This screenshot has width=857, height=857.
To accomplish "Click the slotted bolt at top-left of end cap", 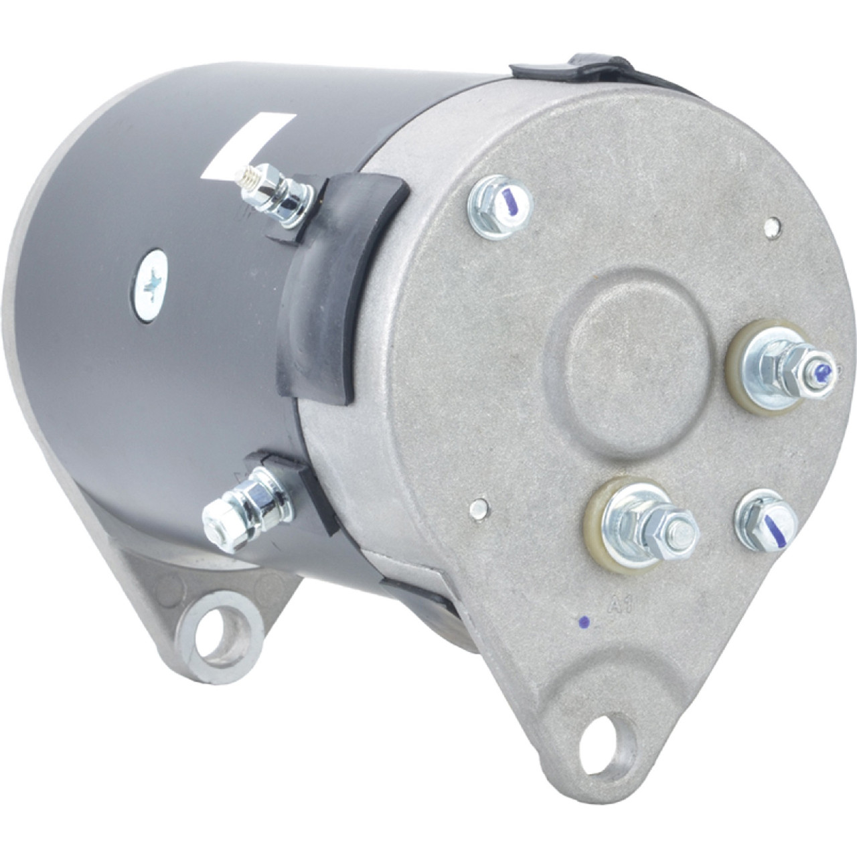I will (x=500, y=206).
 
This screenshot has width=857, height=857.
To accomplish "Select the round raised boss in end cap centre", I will (x=626, y=362).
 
